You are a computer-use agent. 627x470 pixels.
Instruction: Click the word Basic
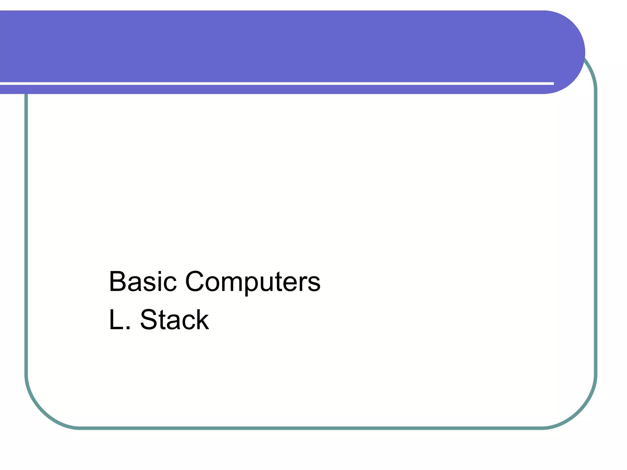point(143,281)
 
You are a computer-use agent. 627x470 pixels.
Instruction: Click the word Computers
point(253,281)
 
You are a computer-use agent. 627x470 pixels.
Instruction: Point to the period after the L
point(128,328)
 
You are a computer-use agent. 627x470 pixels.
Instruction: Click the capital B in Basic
point(117,281)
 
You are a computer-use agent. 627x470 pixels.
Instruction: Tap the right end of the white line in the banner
point(553,83)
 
